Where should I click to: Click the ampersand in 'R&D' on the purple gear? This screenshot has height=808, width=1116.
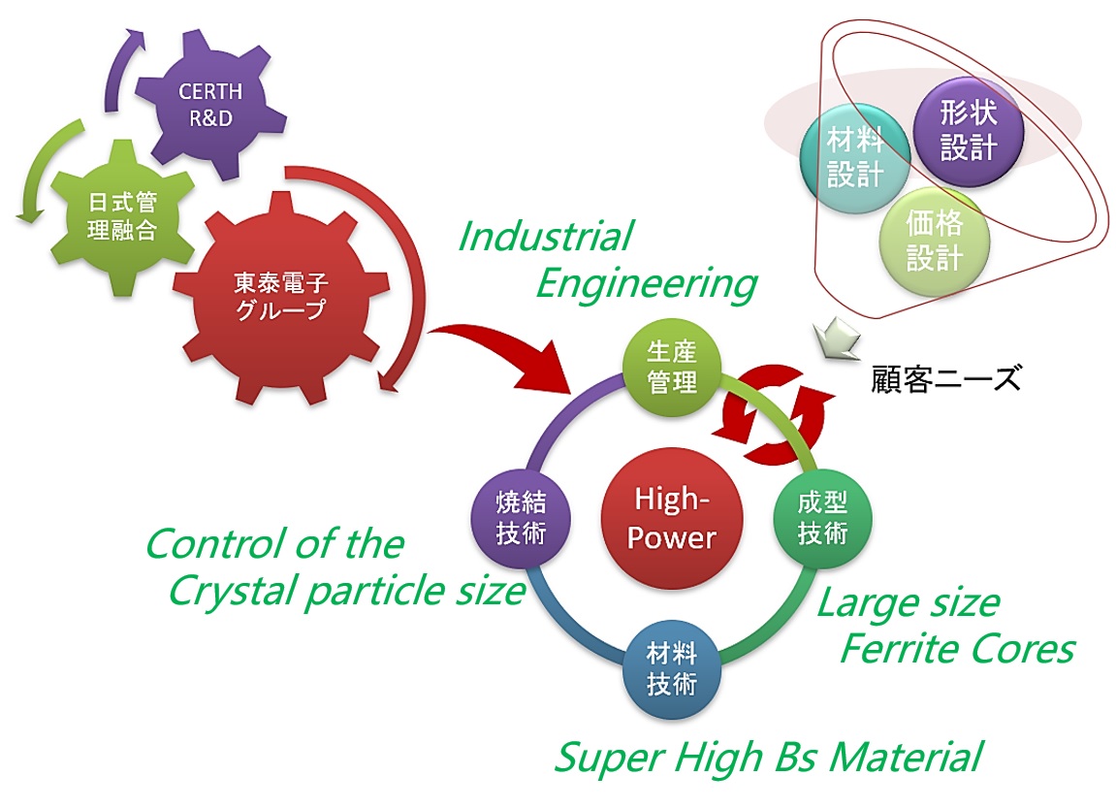(210, 118)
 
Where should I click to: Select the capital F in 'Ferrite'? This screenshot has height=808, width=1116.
(852, 649)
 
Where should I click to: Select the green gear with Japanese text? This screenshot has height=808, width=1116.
(122, 217)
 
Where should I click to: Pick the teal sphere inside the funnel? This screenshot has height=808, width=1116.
(854, 158)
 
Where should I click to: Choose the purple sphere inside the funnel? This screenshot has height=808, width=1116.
(968, 131)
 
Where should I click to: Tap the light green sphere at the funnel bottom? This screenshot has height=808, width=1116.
(935, 242)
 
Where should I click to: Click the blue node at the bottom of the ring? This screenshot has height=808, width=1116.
(671, 670)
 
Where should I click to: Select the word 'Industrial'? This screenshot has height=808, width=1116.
(545, 237)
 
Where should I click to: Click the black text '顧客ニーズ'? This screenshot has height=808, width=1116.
(946, 378)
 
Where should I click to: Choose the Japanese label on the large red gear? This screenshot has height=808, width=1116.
(281, 296)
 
